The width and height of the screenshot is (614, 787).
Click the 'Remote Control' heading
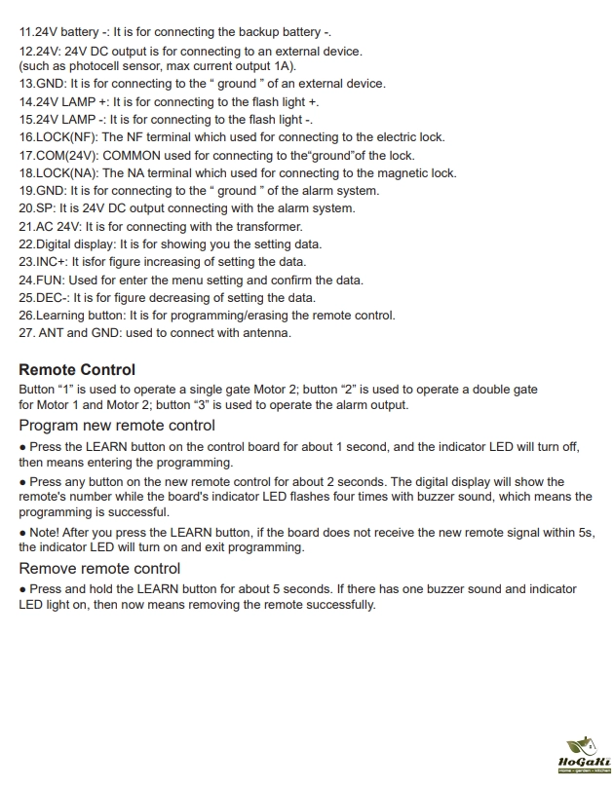click(77, 370)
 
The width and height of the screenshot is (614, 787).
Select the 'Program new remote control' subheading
click(117, 426)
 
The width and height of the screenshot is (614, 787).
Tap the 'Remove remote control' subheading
click(99, 569)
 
